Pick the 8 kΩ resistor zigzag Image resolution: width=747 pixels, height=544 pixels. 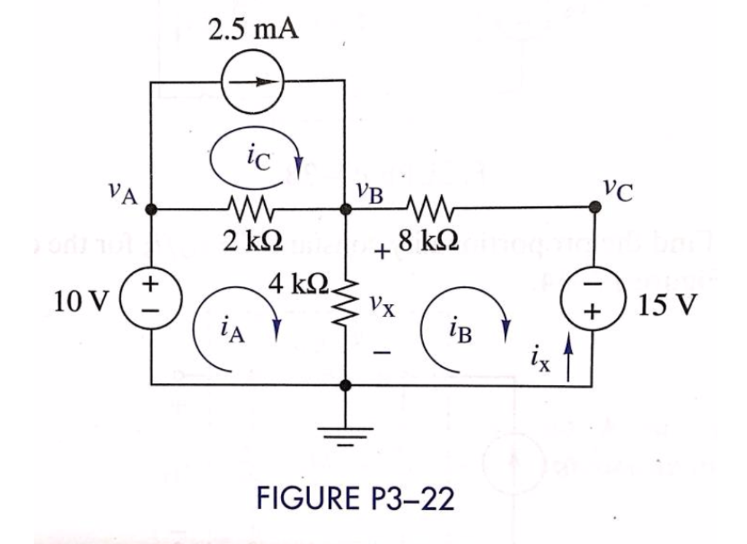428,208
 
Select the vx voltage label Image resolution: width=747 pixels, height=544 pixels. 382,304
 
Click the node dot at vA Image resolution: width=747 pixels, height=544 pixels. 151,209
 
